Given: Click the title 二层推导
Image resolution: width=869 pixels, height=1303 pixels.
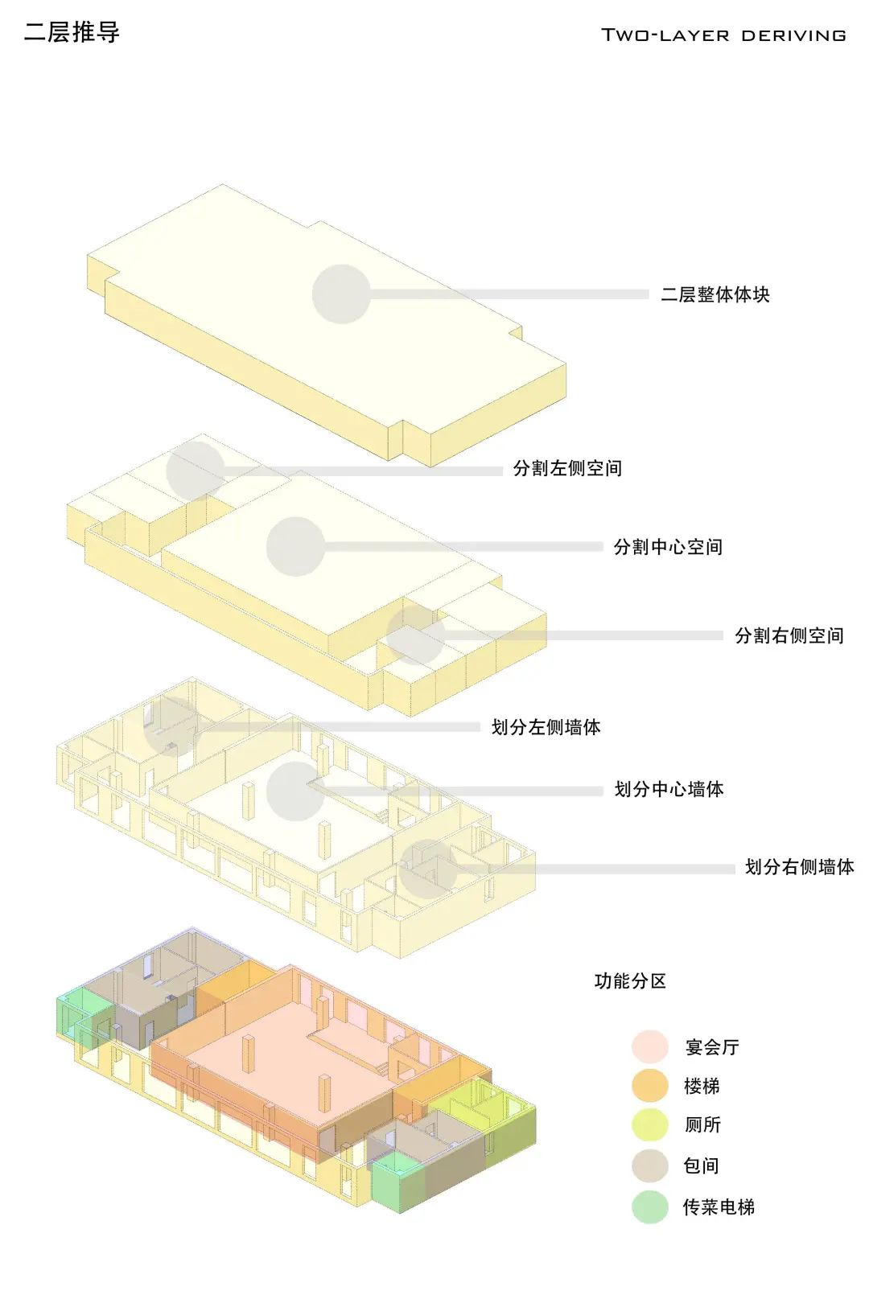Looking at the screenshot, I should point(72,33).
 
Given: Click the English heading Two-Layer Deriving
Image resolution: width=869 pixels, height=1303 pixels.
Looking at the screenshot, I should point(723,35).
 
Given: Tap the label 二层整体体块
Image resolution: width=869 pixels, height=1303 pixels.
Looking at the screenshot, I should point(715,295).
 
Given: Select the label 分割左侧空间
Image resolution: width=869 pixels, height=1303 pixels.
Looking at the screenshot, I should point(567,469).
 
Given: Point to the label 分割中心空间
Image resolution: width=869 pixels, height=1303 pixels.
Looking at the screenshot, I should point(668,548).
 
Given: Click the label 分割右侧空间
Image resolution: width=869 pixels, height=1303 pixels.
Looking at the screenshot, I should point(789,636).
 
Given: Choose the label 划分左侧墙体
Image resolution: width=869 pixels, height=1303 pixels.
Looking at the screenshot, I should point(546,728).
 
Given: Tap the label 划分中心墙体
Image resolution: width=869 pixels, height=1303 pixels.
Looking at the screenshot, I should point(669,790).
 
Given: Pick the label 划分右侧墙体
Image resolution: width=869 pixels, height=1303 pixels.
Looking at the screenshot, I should point(799,868).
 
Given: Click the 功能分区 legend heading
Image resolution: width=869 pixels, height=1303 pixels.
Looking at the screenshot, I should point(630,981).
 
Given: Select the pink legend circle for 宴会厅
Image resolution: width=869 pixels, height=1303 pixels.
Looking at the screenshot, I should point(650,1047).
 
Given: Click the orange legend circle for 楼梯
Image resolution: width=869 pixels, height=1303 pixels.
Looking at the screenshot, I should point(650,1087).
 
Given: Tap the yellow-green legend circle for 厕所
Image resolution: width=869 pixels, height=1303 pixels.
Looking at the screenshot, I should point(650,1125).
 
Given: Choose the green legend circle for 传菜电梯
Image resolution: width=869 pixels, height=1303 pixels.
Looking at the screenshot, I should point(650,1207).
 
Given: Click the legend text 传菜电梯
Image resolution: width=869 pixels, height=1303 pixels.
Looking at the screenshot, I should point(719,1208).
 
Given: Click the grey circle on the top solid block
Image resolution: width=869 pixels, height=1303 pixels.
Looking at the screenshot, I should point(341,294).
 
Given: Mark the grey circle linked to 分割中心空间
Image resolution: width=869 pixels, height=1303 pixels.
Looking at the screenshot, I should point(295,546).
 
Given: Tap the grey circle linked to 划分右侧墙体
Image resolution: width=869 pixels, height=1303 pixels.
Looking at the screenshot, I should point(428,869).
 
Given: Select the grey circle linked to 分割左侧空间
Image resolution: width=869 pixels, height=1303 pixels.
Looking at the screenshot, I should point(196,469).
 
